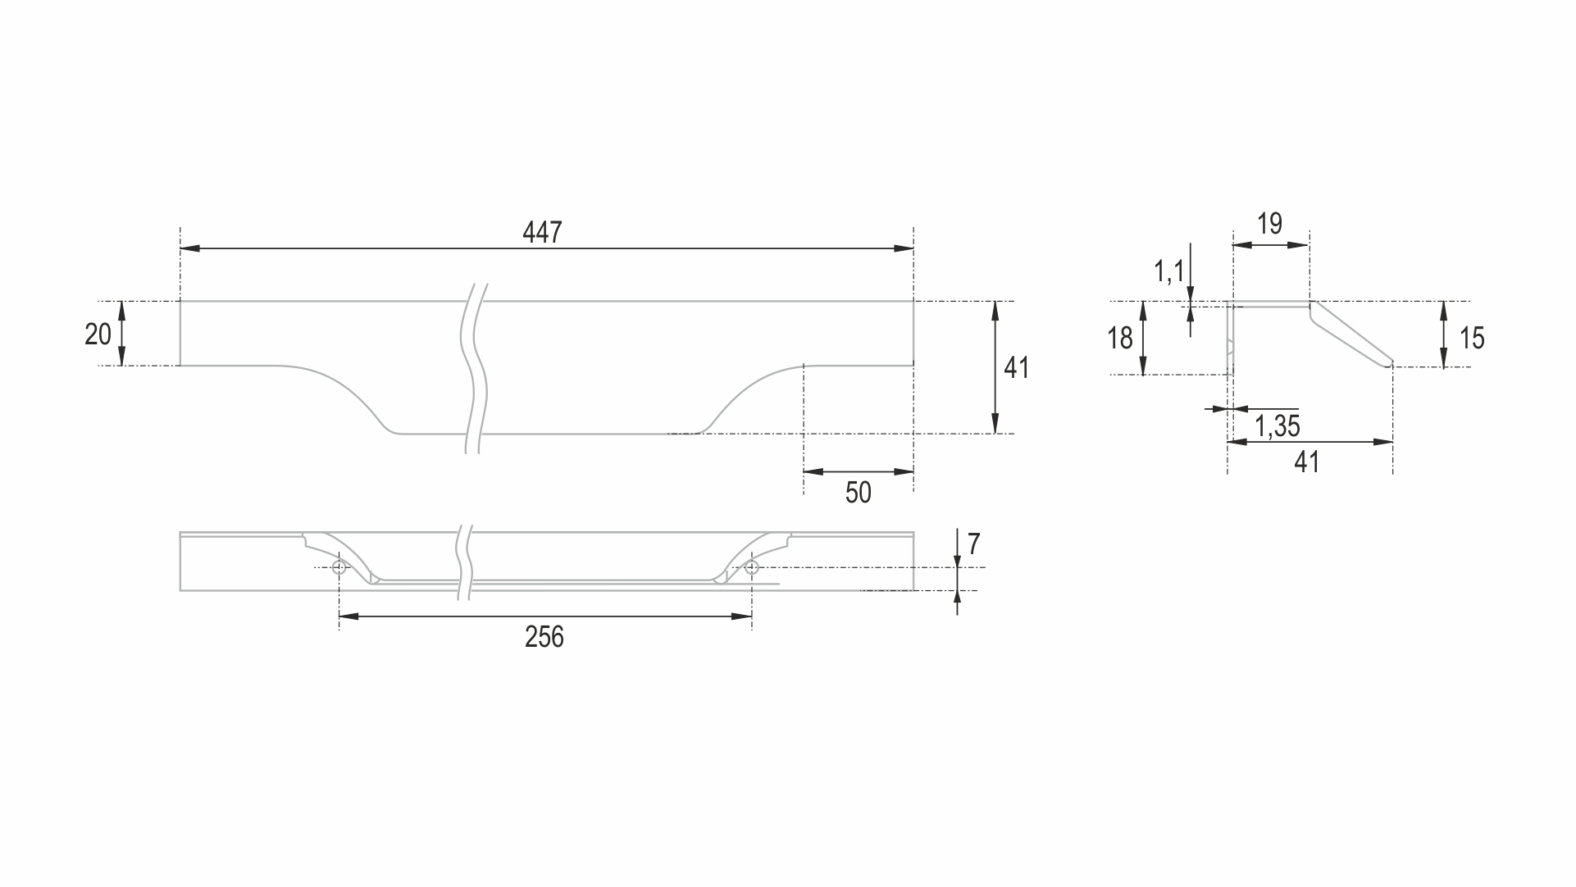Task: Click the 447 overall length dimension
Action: click(542, 233)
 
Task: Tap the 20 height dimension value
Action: click(98, 334)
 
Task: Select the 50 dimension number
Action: click(858, 493)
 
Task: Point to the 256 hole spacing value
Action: click(544, 637)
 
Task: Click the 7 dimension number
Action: click(973, 544)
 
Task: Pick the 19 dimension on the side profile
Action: click(1269, 224)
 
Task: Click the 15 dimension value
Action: click(1472, 338)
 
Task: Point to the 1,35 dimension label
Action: click(1278, 425)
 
